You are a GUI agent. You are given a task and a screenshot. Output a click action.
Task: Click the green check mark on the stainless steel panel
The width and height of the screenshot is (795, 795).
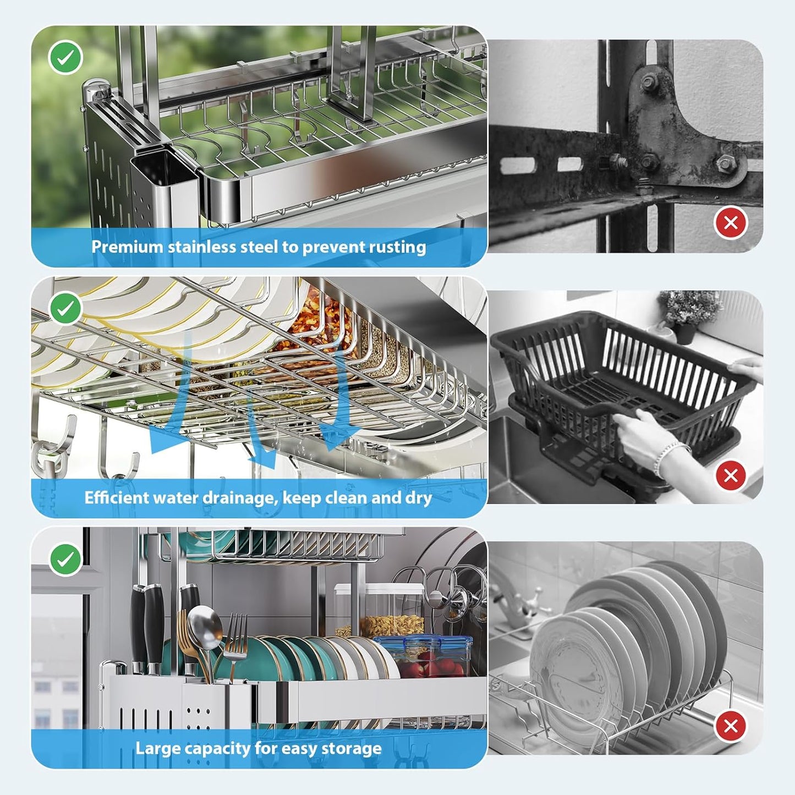point(65,57)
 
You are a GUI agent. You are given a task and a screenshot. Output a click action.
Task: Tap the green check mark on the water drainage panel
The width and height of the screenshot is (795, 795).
point(65,308)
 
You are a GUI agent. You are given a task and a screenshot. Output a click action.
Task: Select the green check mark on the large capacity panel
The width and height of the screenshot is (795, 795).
point(65,559)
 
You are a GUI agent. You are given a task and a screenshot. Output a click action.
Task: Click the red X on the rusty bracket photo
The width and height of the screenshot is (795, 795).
point(731,223)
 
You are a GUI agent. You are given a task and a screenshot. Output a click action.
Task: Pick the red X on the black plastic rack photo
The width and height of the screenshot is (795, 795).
point(731,475)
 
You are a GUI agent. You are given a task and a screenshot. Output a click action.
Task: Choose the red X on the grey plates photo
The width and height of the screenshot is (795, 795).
point(731,726)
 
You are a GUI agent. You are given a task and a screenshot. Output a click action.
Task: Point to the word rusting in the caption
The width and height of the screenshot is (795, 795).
point(397,247)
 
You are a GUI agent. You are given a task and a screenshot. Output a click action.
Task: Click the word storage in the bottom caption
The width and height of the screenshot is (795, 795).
point(355,749)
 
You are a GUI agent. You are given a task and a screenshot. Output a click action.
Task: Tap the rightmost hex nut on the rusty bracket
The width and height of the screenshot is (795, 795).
point(725,163)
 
